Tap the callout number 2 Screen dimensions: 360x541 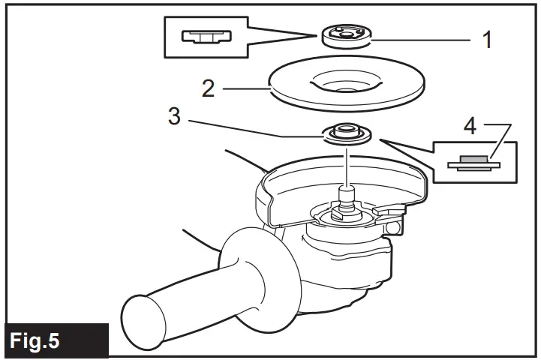[209, 88]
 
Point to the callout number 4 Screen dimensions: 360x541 [470, 125]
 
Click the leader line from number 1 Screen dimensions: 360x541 [420, 37]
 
